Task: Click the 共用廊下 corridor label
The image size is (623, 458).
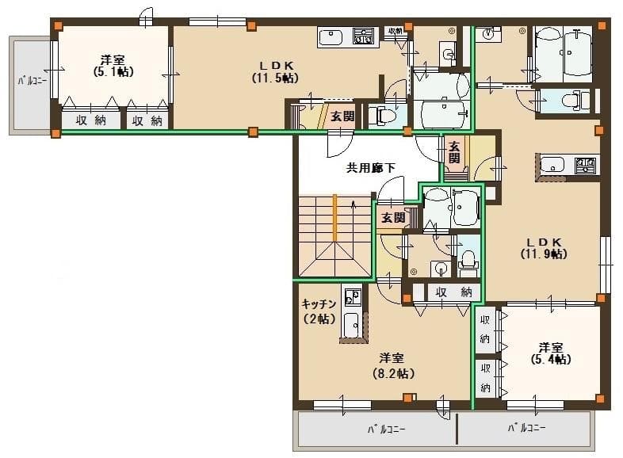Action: pyautogui.click(x=370, y=167)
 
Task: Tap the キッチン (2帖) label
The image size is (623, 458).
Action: pyautogui.click(x=319, y=311)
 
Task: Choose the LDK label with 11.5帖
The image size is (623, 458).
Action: pyautogui.click(x=276, y=71)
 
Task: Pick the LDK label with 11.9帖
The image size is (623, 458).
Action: pyautogui.click(x=544, y=248)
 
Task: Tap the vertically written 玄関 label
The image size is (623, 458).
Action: pyautogui.click(x=453, y=151)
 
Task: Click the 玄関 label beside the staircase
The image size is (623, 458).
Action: pyautogui.click(x=392, y=217)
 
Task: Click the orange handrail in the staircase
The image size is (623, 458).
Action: pyautogui.click(x=335, y=217)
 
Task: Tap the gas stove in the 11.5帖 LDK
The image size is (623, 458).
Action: pyautogui.click(x=363, y=36)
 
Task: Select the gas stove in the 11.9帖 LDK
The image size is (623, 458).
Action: pyautogui.click(x=585, y=165)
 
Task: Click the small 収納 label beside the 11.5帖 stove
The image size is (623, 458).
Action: pyautogui.click(x=395, y=31)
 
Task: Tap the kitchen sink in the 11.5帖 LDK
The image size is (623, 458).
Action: pyautogui.click(x=331, y=36)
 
